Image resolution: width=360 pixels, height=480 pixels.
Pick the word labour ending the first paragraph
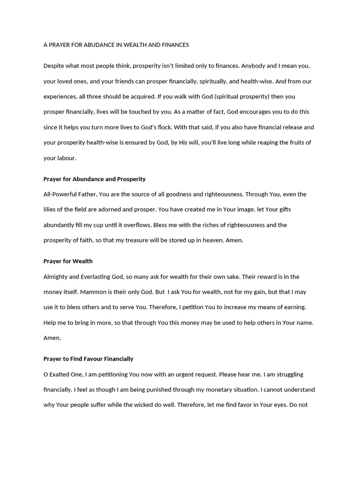[66, 158]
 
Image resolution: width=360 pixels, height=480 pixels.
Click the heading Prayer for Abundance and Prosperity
[94, 179]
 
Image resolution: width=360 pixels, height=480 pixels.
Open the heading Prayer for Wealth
[68, 261]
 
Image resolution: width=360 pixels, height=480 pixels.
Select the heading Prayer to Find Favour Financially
[88, 359]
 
